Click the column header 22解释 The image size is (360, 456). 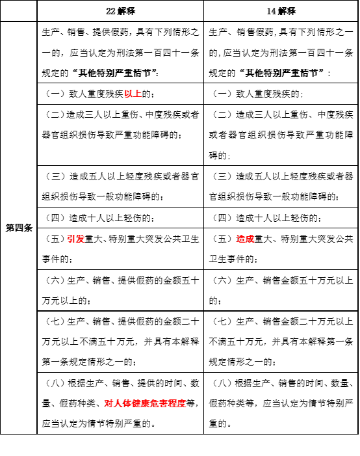(x=120, y=12)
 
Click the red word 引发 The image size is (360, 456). (x=75, y=239)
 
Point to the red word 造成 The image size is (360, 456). (x=244, y=239)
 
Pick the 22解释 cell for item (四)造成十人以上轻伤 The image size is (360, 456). (x=120, y=217)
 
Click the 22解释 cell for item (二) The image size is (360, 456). (x=120, y=125)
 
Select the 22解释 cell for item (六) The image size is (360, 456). (x=120, y=289)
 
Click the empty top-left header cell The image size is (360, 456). (x=18, y=12)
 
